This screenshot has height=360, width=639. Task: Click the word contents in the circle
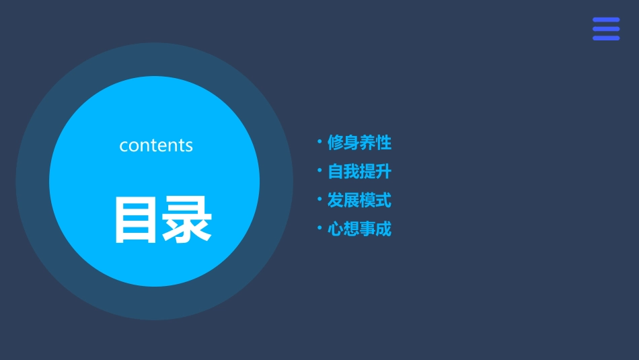click(x=156, y=145)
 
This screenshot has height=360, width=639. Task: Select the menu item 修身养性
click(x=359, y=143)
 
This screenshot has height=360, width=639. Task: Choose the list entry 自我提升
click(x=359, y=172)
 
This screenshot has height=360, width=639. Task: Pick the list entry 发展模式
click(x=359, y=201)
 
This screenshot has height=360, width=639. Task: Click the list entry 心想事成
click(x=359, y=229)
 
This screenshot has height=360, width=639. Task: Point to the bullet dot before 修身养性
click(x=319, y=141)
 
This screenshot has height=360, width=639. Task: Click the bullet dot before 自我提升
click(x=319, y=170)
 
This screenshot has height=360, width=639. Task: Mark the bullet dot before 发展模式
click(x=319, y=199)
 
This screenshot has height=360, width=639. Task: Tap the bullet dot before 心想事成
click(x=319, y=228)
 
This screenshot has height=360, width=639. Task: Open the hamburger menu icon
click(x=606, y=29)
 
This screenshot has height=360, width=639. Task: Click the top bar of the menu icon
click(x=606, y=20)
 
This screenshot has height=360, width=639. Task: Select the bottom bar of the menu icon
click(x=606, y=38)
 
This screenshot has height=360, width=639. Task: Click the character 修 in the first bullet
click(x=336, y=143)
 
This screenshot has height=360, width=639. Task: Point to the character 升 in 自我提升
click(x=383, y=172)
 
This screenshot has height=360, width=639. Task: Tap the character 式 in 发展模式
click(x=383, y=201)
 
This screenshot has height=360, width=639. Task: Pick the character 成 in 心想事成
click(x=383, y=229)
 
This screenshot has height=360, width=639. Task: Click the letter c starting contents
click(x=124, y=146)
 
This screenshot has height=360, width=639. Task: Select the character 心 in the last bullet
click(x=336, y=229)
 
